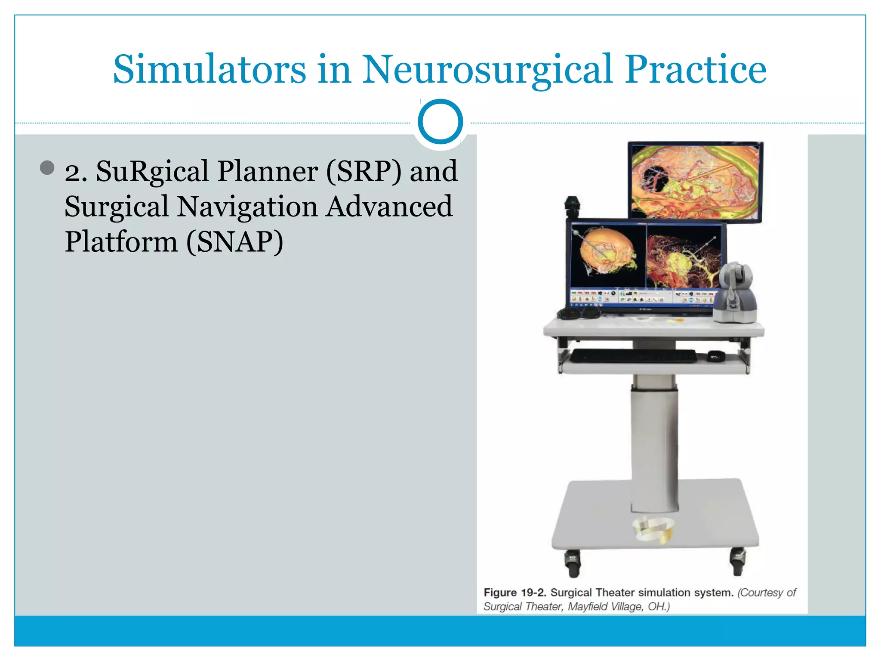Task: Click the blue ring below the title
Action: pyautogui.click(x=440, y=122)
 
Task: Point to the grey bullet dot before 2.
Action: pyautogui.click(x=47, y=168)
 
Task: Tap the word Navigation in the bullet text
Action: pyautogui.click(x=247, y=207)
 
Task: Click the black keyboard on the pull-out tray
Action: pyautogui.click(x=633, y=356)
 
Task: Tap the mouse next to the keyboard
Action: pyautogui.click(x=715, y=356)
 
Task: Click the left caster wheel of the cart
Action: pyautogui.click(x=573, y=564)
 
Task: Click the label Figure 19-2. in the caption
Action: pyautogui.click(x=514, y=593)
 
